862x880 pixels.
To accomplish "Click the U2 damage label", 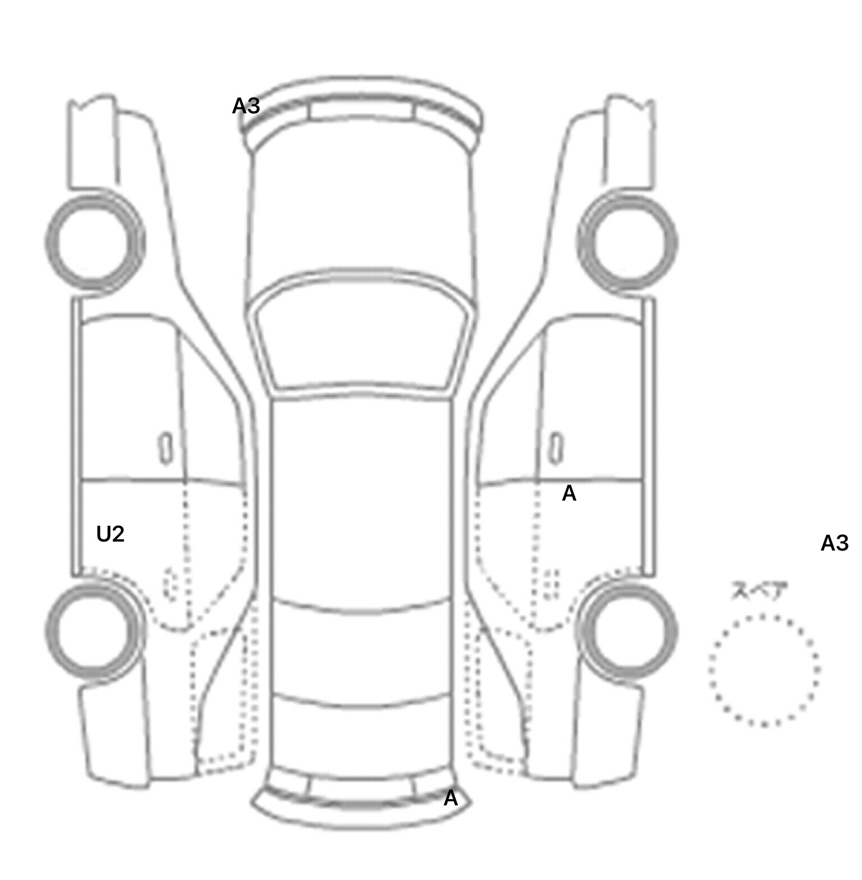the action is pyautogui.click(x=110, y=534).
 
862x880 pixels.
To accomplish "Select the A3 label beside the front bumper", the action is pyautogui.click(x=246, y=106).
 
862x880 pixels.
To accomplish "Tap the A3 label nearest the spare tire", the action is pyautogui.click(x=834, y=543).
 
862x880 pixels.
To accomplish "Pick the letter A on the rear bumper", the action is pyautogui.click(x=451, y=798).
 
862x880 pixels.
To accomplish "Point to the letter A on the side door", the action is pyautogui.click(x=568, y=493).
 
